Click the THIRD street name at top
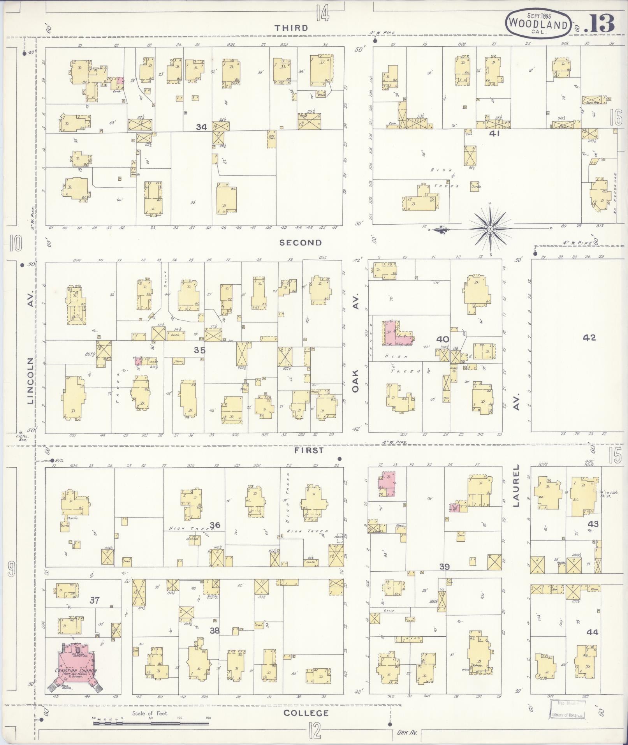[x=291, y=28]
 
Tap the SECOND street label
[x=301, y=243]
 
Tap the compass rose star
[x=489, y=229]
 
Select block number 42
[x=589, y=338]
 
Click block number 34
[x=201, y=127]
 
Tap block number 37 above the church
[x=95, y=600]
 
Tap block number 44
[x=592, y=632]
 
